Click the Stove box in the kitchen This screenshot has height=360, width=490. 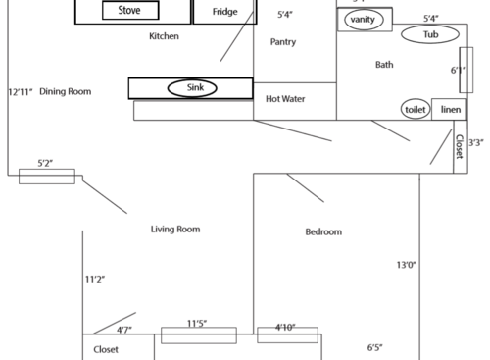129,11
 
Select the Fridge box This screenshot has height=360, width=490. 224,12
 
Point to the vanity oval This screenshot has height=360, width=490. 362,20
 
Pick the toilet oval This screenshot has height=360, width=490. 416,110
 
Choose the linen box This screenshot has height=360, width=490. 450,110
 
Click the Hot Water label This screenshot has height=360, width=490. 286,99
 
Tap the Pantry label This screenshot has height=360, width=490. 283,42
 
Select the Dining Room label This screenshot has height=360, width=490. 65,91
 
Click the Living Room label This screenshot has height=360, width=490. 175,230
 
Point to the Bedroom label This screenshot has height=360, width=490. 323,232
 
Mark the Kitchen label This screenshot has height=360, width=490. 164,36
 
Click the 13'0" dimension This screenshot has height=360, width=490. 407,265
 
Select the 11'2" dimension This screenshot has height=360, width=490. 95,280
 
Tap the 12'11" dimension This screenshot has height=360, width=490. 20,91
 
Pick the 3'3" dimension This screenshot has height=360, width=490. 476,143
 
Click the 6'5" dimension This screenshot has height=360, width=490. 374,347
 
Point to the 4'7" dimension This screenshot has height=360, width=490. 125,331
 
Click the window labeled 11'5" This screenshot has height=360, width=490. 199,334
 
